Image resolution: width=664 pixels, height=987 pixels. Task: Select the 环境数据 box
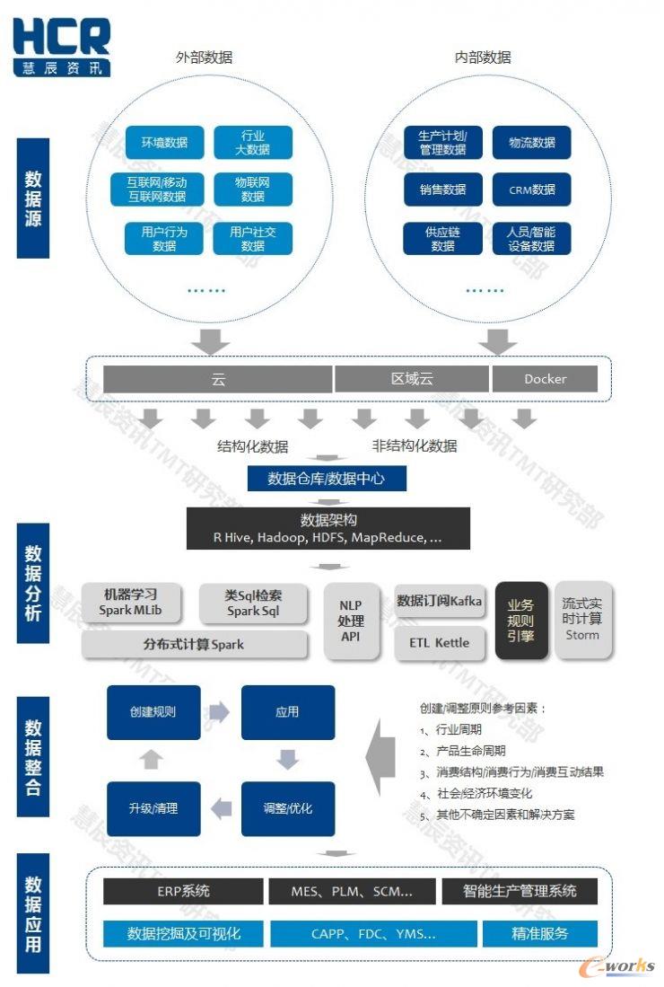point(164,142)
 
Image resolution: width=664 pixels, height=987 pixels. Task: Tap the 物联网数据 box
point(253,189)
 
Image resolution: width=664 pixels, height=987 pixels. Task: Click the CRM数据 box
point(532,189)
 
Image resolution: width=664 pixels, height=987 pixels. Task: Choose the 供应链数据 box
point(442,238)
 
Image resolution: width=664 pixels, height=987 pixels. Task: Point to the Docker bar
point(545,379)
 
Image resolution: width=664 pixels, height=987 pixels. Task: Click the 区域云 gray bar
point(412,379)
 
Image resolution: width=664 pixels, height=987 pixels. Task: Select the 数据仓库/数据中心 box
point(326,479)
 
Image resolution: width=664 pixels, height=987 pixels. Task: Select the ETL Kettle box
point(440,643)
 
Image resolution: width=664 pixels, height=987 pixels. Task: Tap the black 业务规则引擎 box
point(520,621)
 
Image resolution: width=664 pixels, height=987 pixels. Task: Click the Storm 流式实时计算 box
point(581,620)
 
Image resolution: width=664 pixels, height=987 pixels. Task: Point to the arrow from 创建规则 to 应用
point(219,712)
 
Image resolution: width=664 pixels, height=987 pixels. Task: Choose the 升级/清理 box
point(153,808)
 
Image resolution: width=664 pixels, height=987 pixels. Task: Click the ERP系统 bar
point(183,891)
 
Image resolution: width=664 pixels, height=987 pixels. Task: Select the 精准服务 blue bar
point(540,933)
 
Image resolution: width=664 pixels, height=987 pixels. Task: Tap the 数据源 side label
point(33,198)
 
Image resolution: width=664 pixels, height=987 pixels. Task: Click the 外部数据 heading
point(204,57)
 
